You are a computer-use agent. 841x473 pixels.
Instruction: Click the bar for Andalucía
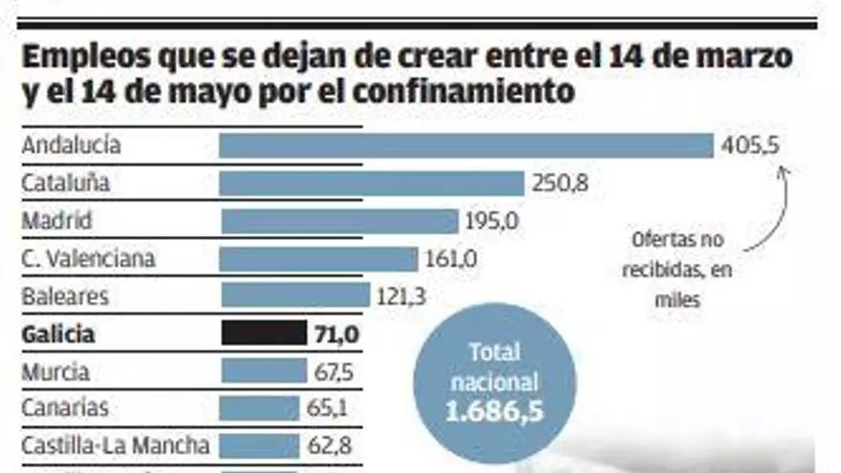coord(466,145)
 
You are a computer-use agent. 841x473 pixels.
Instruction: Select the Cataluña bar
coord(372,183)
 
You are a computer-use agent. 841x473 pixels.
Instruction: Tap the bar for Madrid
coord(339,221)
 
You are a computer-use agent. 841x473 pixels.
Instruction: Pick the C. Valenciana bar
coord(319,258)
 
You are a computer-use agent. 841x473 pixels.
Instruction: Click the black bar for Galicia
coord(264,333)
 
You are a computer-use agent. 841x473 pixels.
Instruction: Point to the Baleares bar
coord(294,295)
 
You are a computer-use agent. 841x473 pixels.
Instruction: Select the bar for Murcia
coord(263,371)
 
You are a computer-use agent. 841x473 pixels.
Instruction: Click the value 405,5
coord(752,145)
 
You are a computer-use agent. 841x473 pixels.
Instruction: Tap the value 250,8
coord(560,183)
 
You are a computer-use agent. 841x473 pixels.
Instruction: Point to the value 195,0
coord(492,221)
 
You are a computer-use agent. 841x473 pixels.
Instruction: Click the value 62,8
coord(331,445)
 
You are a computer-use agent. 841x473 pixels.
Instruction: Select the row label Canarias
coord(65,408)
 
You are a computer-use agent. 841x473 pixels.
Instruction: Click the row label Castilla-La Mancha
coord(116,445)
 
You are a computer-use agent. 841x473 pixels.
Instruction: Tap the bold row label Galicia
coord(58,333)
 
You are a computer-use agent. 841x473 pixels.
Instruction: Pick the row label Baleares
coord(65,295)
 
